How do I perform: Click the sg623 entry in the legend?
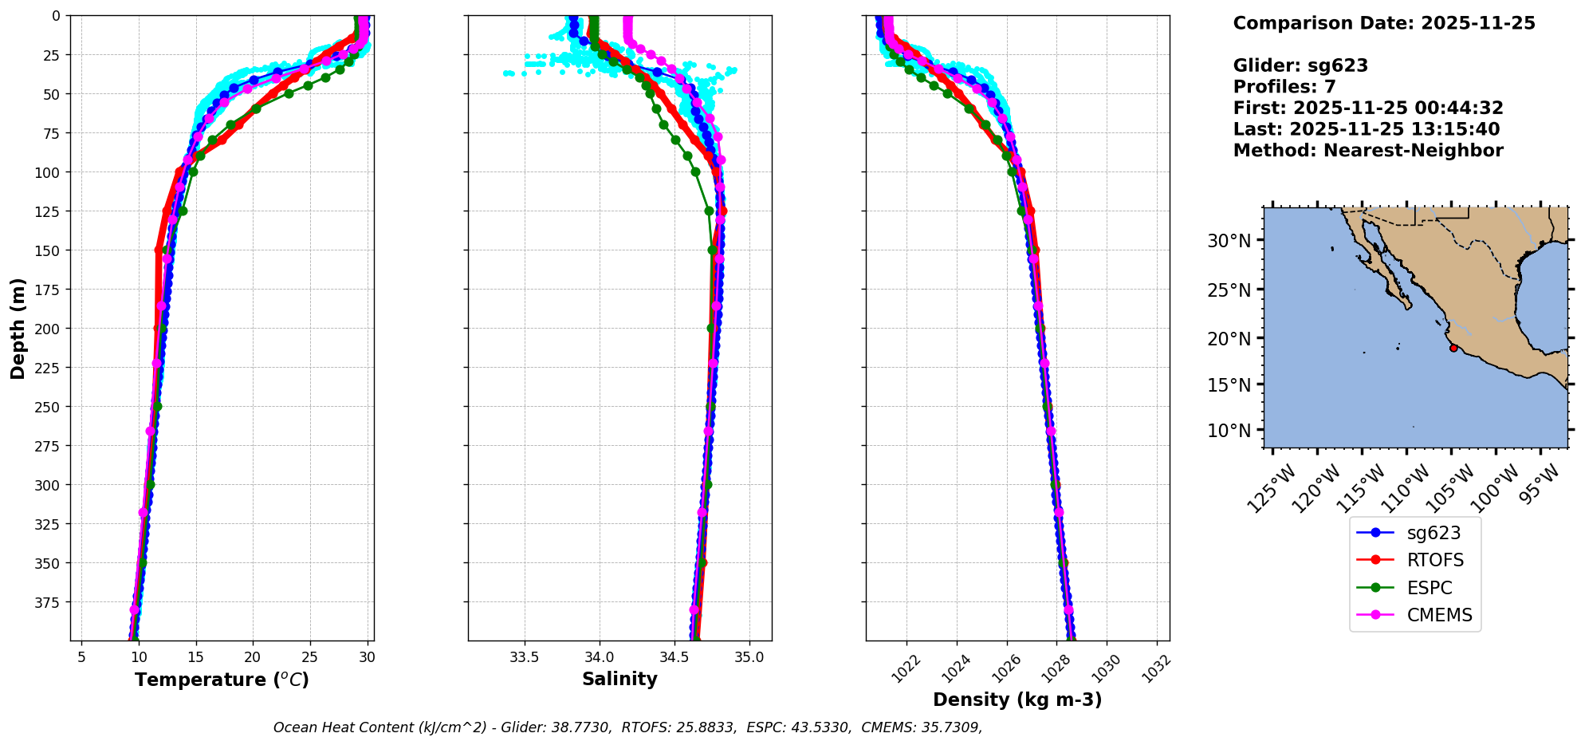tap(1433, 533)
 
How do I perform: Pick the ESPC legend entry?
tap(1429, 588)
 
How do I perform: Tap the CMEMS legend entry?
tap(1439, 615)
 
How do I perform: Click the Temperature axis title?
tap(222, 680)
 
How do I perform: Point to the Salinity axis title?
tap(619, 679)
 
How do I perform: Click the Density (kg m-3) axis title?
tap(1017, 700)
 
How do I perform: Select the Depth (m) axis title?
tap(18, 328)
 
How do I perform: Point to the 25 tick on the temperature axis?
tap(309, 657)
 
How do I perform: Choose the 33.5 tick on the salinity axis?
tap(524, 657)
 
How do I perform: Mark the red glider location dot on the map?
tap(1453, 348)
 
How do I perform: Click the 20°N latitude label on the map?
tap(1229, 339)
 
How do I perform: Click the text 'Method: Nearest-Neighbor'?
tap(1367, 151)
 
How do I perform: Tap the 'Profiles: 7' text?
tap(1284, 87)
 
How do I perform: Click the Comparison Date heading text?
tap(1383, 23)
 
